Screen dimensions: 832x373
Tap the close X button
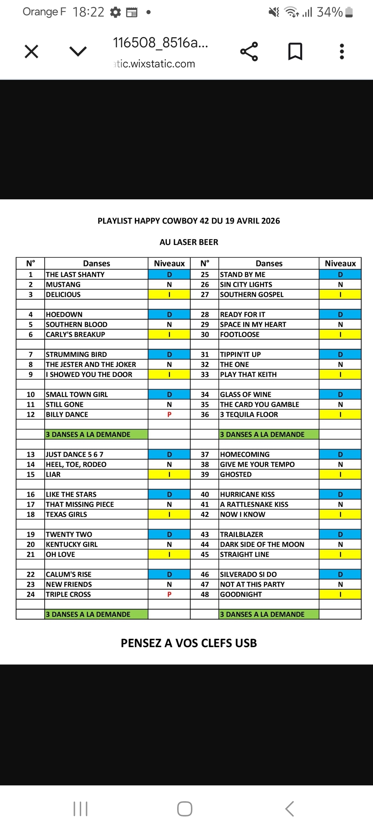pyautogui.click(x=31, y=52)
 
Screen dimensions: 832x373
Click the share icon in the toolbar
pyautogui.click(x=249, y=52)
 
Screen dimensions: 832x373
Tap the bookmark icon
pyautogui.click(x=295, y=52)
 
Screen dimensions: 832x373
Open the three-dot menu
pyautogui.click(x=342, y=52)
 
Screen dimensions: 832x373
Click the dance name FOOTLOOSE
pyautogui.click(x=240, y=334)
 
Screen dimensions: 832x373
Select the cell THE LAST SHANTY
pyautogui.click(x=75, y=275)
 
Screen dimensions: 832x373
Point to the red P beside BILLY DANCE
pyautogui.click(x=169, y=415)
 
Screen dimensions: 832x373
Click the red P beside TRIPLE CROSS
pyautogui.click(x=169, y=594)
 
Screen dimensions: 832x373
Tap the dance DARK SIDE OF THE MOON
pyautogui.click(x=262, y=545)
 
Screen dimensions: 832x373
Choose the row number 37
pyautogui.click(x=205, y=454)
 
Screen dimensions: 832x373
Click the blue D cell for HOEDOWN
pyautogui.click(x=169, y=314)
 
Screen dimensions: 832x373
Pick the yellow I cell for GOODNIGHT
pyautogui.click(x=340, y=594)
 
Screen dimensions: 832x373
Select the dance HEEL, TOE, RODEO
pyautogui.click(x=76, y=464)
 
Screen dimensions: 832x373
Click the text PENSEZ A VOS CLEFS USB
pyautogui.click(x=189, y=643)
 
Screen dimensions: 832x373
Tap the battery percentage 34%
pyautogui.click(x=330, y=12)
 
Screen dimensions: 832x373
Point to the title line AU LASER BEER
pyautogui.click(x=189, y=242)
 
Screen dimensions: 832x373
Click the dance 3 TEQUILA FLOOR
pyautogui.click(x=249, y=415)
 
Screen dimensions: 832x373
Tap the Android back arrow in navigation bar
pyautogui.click(x=289, y=809)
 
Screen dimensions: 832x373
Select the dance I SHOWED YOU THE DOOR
pyautogui.click(x=89, y=375)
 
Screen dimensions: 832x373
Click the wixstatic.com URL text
pyautogui.click(x=155, y=64)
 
